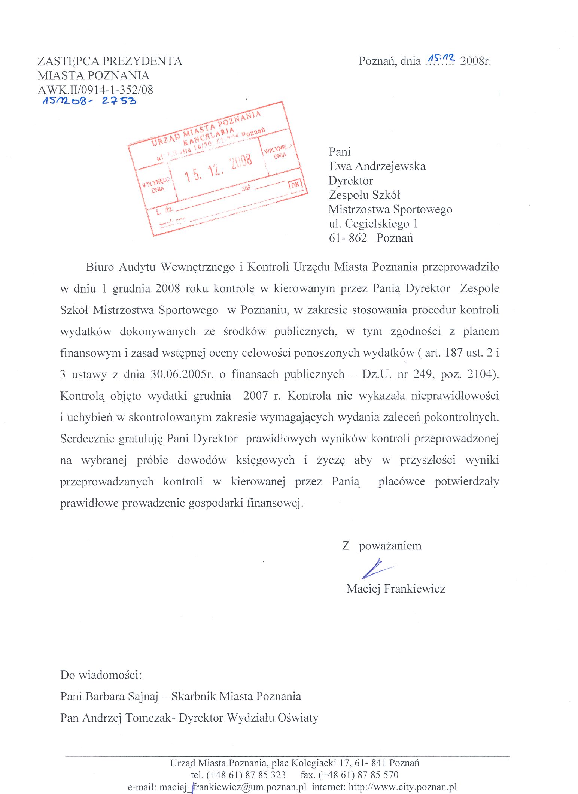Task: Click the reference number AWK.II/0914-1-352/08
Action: (95, 90)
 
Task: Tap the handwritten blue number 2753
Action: (119, 101)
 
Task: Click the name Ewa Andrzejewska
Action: (377, 166)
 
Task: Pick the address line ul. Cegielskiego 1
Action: (373, 224)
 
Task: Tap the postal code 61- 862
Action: (348, 238)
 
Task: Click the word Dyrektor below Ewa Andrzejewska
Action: (351, 181)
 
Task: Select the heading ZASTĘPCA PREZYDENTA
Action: (110, 61)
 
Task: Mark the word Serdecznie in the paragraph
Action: (87, 439)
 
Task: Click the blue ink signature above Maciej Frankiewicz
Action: (376, 569)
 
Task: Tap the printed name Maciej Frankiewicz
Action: (396, 588)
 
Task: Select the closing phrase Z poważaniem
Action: (381, 546)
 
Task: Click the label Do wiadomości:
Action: (101, 675)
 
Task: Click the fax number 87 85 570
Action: (378, 775)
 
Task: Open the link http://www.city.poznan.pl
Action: (402, 787)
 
